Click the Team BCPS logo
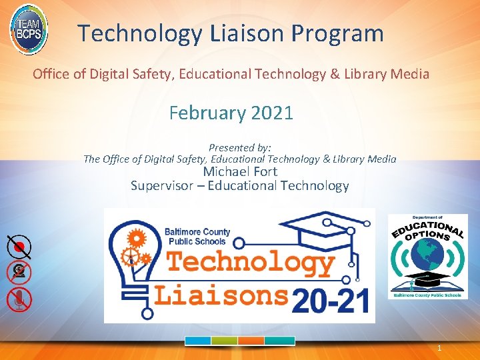pyautogui.click(x=29, y=29)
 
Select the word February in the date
pyautogui.click(x=207, y=113)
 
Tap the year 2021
pyautogui.click(x=271, y=113)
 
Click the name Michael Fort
pyautogui.click(x=239, y=172)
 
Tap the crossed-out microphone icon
pyautogui.click(x=19, y=299)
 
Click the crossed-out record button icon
pyautogui.click(x=19, y=247)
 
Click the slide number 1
pyautogui.click(x=439, y=348)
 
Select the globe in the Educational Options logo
pyautogui.click(x=428, y=256)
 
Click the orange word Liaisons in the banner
pyautogui.click(x=222, y=293)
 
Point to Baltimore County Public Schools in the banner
pyautogui.click(x=197, y=237)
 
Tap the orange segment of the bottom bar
pyautogui.click(x=251, y=340)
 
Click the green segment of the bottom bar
pyautogui.click(x=224, y=340)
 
